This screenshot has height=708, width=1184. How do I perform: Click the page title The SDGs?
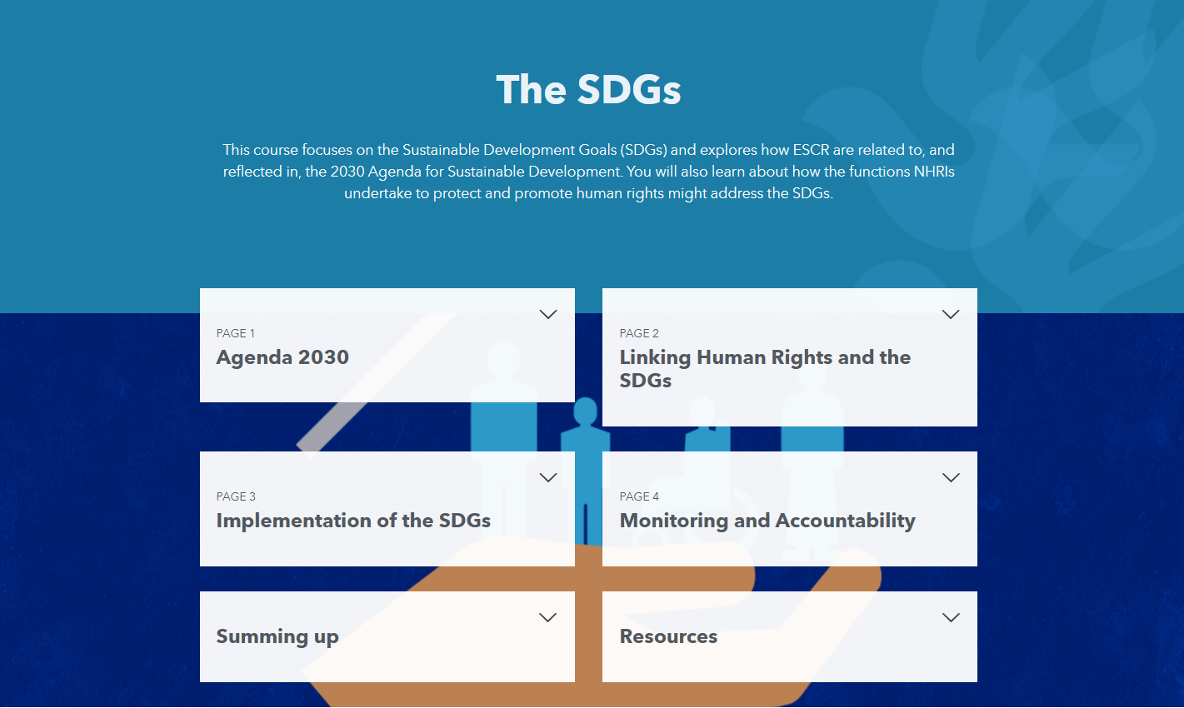[x=588, y=90]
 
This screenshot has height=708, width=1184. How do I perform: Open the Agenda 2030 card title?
[x=282, y=357]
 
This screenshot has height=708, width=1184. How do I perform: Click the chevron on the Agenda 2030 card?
[x=547, y=314]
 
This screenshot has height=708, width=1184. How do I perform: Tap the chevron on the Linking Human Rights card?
[x=950, y=314]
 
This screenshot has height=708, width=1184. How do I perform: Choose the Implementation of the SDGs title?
[x=353, y=521]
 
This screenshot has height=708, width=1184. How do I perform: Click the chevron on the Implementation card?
[x=547, y=477]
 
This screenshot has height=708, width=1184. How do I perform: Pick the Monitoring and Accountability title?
[x=767, y=521]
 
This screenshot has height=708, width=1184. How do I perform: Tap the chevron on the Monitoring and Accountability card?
[x=950, y=477]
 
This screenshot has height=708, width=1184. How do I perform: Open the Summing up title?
[x=277, y=636]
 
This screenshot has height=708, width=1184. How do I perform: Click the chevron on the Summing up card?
[x=547, y=617]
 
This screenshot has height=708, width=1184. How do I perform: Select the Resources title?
[x=668, y=636]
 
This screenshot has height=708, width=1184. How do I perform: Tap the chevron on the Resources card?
[x=950, y=617]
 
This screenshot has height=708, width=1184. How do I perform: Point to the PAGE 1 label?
[x=236, y=333]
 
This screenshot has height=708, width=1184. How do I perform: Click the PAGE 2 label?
[x=639, y=333]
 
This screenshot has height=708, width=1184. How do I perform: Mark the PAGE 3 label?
[x=236, y=496]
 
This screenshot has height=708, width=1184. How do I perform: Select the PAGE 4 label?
[x=639, y=496]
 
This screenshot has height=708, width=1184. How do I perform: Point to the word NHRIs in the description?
[x=934, y=172]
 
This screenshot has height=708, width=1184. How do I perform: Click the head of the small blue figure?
[x=586, y=411]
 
